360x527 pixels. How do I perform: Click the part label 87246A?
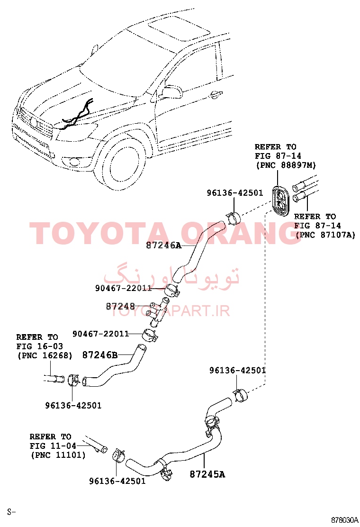tap(163, 245)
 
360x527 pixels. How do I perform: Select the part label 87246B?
tap(100, 355)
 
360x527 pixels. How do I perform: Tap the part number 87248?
tap(120, 306)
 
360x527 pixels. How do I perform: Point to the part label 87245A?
tap(207, 474)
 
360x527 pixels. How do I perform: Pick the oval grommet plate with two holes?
tap(281, 200)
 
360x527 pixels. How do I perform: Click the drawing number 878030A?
tap(344, 520)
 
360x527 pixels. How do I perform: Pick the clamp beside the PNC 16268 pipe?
tap(74, 380)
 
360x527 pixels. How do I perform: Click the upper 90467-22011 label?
tap(123, 288)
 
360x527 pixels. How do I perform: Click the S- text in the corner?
tap(12, 512)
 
